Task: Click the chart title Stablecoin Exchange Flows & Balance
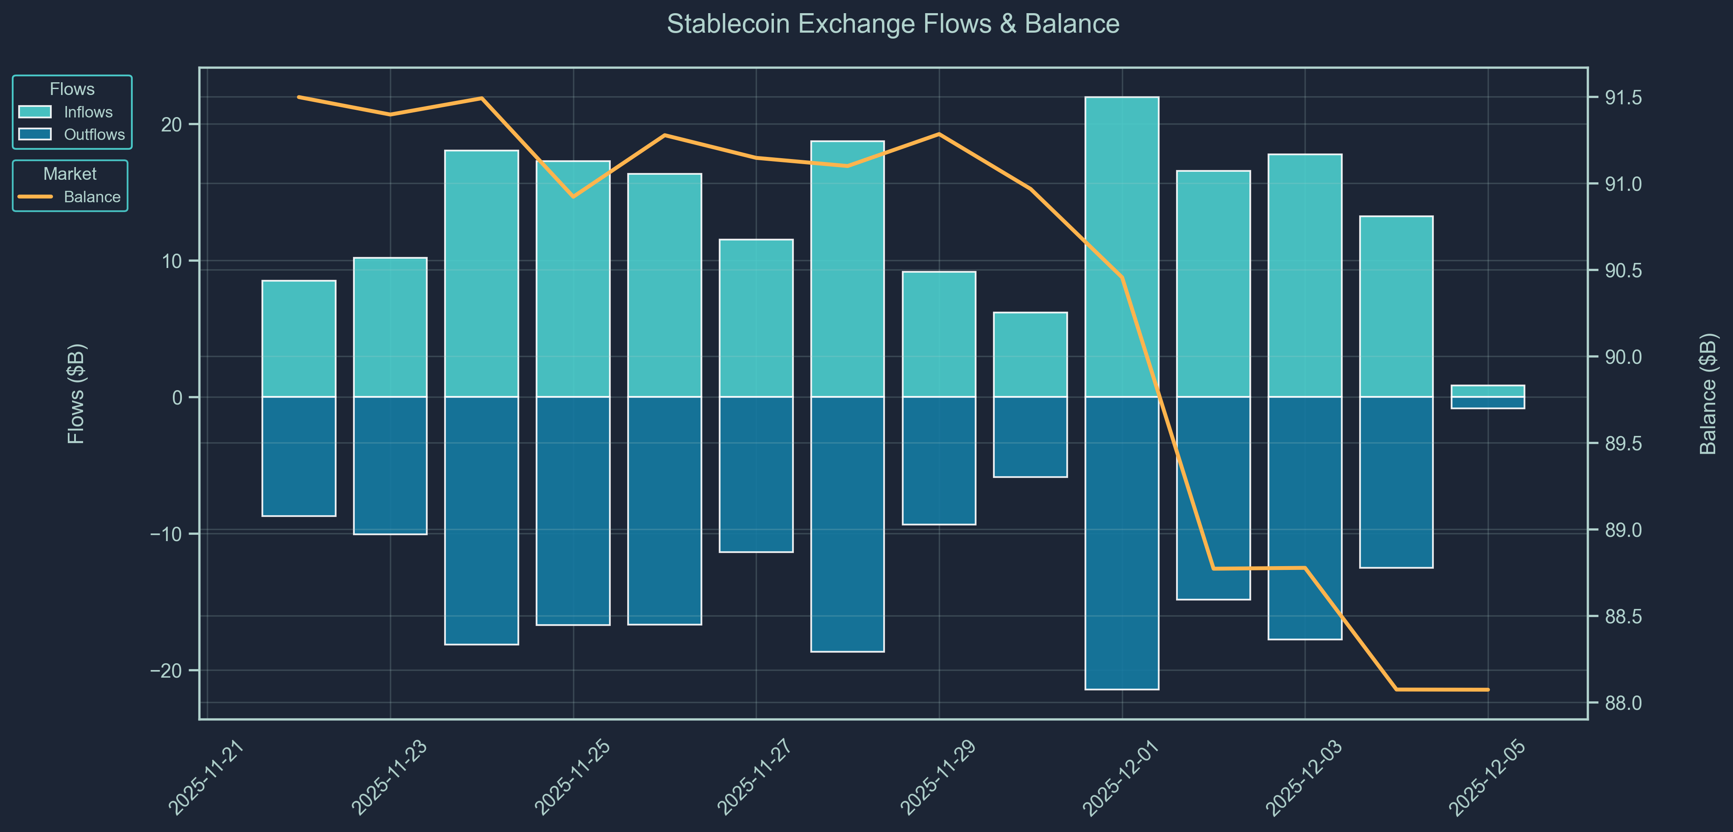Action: click(893, 24)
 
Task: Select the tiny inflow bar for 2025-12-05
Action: click(1488, 391)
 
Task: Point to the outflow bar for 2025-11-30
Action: click(1030, 437)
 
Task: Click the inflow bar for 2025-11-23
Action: click(390, 327)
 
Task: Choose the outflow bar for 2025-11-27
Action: click(756, 475)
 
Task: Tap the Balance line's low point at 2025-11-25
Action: click(573, 197)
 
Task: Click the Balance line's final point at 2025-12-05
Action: click(1488, 689)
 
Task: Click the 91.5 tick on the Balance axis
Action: click(1623, 98)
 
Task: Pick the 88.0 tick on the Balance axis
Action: click(1623, 703)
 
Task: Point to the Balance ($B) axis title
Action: click(1708, 394)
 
